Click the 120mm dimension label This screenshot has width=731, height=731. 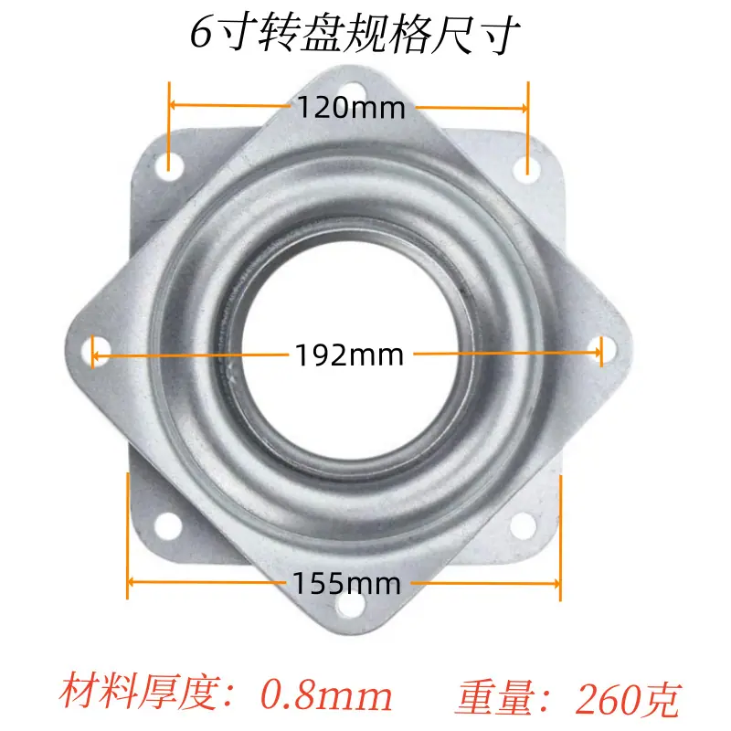[x=351, y=108]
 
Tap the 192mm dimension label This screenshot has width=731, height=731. [x=349, y=355]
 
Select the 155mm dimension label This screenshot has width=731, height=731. [x=346, y=583]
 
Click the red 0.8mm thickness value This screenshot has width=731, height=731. [x=326, y=694]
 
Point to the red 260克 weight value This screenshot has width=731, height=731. [x=628, y=698]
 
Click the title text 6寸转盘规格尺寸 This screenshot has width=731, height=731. [x=355, y=34]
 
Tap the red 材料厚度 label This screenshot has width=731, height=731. [x=140, y=693]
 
